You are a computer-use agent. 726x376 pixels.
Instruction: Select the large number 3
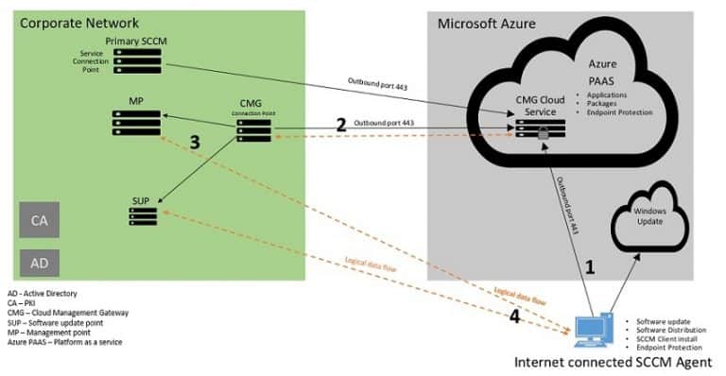pos(195,143)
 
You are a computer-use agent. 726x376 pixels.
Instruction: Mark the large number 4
pos(513,316)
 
